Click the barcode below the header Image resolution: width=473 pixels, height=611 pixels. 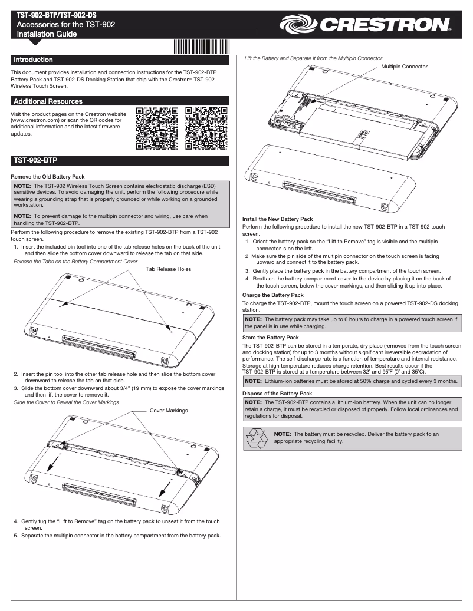202,47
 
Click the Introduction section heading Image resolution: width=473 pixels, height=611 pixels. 33,60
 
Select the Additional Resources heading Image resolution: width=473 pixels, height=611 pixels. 48,101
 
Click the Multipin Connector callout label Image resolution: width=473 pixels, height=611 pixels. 405,67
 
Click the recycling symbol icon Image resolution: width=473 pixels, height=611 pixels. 257,439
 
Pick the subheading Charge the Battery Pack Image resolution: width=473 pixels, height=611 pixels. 273,295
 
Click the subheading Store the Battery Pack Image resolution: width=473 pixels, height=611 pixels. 271,337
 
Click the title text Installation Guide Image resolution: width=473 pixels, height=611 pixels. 47,34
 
